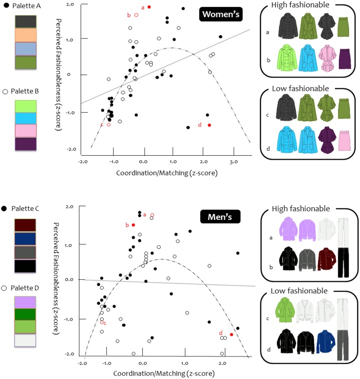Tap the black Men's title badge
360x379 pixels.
coord(221,217)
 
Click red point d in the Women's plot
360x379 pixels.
coord(209,125)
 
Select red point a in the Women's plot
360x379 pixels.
coord(149,7)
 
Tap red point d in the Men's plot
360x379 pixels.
coord(231,334)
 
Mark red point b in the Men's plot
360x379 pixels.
coord(133,225)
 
